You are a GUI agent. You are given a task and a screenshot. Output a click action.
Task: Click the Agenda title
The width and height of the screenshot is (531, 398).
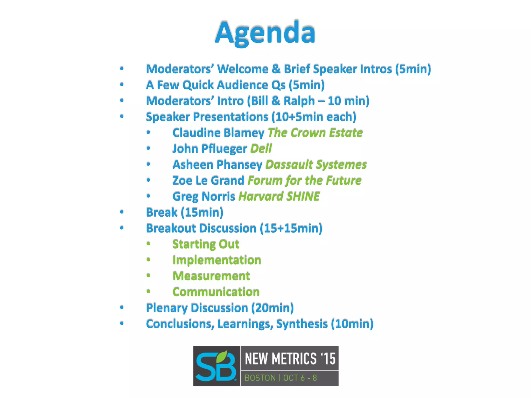(x=265, y=33)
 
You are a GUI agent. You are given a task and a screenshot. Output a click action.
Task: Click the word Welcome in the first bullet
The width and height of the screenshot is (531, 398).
(x=242, y=69)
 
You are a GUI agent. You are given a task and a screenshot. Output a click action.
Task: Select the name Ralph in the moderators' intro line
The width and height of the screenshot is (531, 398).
(x=299, y=101)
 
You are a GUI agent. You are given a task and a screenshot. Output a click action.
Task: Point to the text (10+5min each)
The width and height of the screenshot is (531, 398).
(x=314, y=117)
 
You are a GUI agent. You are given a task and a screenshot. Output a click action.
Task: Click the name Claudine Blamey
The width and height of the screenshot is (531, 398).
(x=218, y=133)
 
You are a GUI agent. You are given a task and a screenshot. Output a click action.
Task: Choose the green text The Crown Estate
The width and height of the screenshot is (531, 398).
(x=315, y=133)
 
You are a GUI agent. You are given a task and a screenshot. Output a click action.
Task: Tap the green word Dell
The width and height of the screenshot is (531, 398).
(x=261, y=149)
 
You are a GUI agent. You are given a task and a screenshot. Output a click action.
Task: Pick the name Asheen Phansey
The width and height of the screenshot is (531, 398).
(x=218, y=165)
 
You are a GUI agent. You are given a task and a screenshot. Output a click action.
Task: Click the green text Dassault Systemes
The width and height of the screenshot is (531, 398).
(x=316, y=165)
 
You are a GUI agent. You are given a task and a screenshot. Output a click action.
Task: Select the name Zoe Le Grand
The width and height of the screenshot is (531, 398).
(x=208, y=181)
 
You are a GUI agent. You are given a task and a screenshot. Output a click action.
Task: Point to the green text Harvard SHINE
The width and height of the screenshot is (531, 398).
(x=279, y=196)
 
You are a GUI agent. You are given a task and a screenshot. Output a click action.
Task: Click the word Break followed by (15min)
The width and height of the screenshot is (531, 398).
(x=162, y=212)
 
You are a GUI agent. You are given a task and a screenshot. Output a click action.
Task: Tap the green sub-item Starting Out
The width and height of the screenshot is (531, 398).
(x=206, y=244)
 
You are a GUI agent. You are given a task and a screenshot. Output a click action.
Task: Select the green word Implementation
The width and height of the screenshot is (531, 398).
(x=217, y=260)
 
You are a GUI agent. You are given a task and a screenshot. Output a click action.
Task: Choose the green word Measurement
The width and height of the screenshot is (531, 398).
(x=211, y=276)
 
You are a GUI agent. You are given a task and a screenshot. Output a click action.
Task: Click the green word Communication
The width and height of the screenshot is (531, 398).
(x=216, y=292)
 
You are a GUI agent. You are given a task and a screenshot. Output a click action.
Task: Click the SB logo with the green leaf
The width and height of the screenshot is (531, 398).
(x=216, y=366)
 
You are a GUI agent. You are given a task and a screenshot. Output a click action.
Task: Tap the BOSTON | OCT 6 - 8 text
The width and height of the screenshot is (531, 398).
(x=281, y=378)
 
